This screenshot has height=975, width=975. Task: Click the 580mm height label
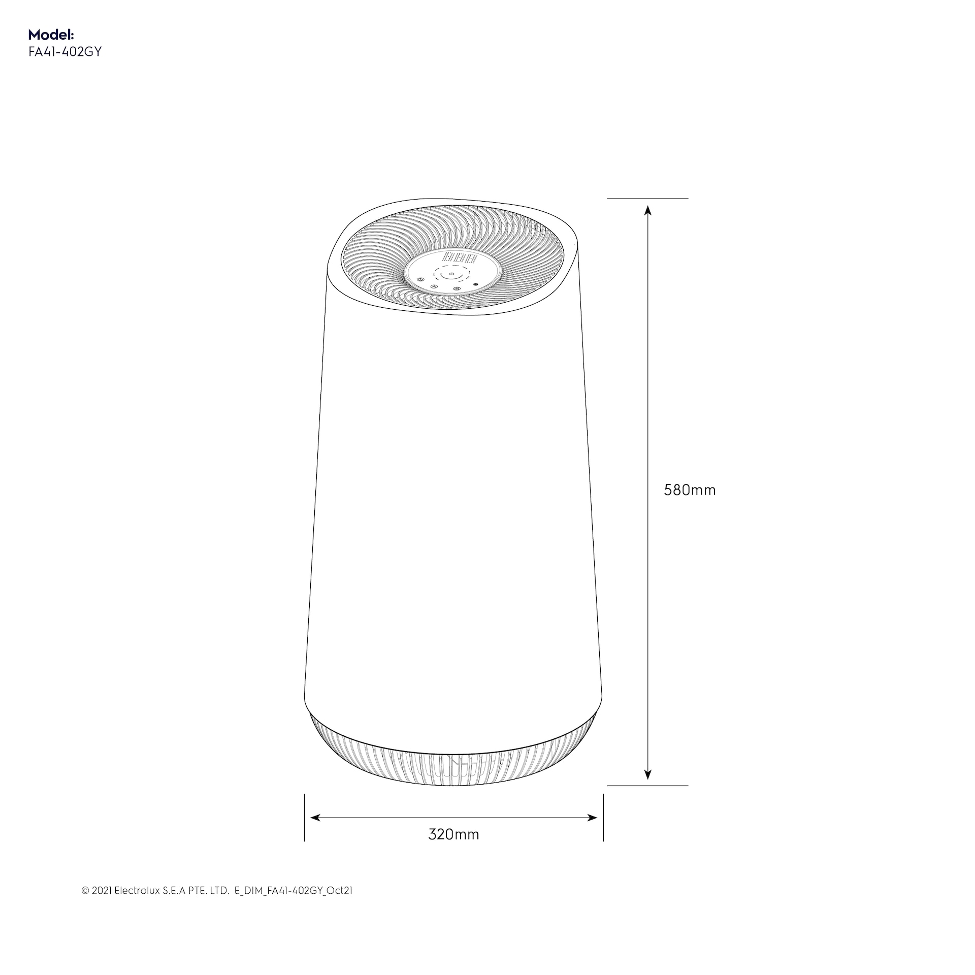(690, 490)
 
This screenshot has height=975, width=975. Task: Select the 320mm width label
(453, 834)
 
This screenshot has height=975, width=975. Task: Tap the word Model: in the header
(51, 35)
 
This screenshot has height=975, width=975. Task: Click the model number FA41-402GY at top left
(65, 52)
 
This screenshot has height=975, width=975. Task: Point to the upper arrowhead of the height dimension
(647, 210)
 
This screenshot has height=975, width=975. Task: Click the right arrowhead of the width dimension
(592, 818)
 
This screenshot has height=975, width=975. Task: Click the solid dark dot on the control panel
(475, 285)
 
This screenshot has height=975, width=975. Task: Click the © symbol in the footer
(85, 905)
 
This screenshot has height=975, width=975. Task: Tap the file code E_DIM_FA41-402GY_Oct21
(293, 904)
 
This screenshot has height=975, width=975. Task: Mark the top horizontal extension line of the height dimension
(647, 199)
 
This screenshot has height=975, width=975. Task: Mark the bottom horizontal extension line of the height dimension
(647, 786)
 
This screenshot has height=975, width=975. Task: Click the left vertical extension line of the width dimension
(304, 818)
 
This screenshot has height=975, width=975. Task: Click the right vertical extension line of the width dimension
(603, 818)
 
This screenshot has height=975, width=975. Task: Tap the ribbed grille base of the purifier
(453, 762)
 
